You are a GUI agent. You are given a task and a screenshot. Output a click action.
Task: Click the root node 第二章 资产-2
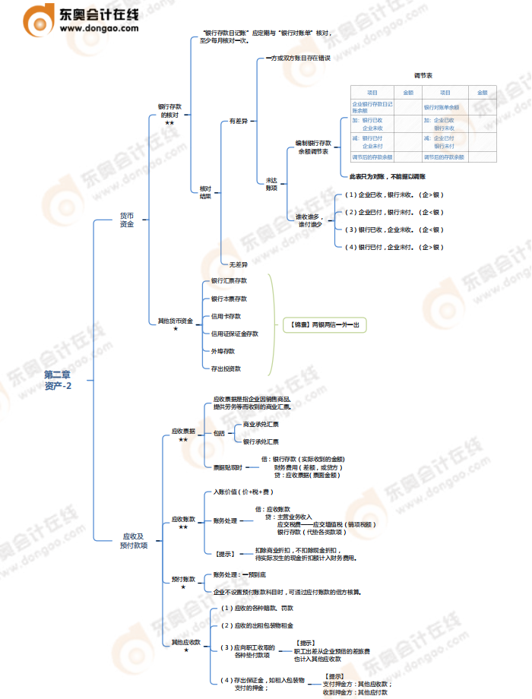click(x=58, y=380)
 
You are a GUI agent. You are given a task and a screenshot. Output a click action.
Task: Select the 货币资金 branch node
click(x=126, y=220)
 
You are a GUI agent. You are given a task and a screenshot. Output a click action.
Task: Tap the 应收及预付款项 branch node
click(x=133, y=540)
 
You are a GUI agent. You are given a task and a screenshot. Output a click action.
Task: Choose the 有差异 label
click(x=238, y=121)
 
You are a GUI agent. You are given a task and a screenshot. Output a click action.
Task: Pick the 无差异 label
click(x=238, y=264)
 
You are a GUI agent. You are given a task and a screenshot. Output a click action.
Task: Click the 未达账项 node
click(x=271, y=184)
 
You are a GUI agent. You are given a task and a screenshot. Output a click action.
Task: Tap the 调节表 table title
click(x=423, y=76)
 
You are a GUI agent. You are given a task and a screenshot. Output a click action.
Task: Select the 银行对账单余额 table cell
click(x=443, y=107)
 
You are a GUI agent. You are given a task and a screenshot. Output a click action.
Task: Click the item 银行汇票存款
click(x=229, y=281)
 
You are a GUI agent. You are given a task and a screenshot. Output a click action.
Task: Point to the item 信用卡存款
click(x=226, y=316)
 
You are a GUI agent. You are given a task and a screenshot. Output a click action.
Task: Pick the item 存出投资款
click(x=226, y=368)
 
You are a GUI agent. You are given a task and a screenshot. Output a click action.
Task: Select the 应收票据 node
click(x=184, y=431)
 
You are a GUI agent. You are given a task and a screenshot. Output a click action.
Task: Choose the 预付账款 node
click(x=183, y=579)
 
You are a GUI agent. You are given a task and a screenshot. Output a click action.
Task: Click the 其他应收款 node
click(x=185, y=642)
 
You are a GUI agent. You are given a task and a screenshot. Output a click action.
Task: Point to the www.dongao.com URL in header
click(x=99, y=28)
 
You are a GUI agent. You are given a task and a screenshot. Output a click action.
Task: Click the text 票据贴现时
click(x=227, y=467)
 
